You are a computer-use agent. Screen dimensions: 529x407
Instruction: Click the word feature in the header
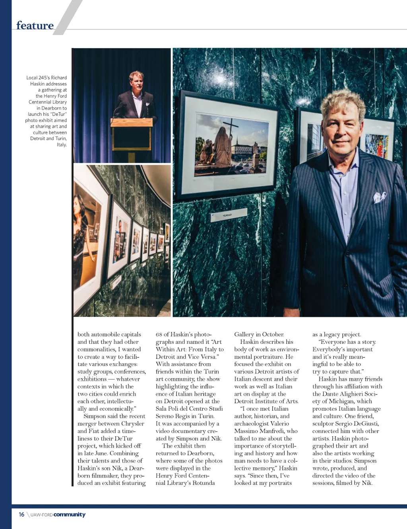point(35,25)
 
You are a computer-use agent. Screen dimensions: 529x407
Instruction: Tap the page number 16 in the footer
point(21,514)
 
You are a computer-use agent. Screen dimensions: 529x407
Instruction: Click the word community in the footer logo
point(69,514)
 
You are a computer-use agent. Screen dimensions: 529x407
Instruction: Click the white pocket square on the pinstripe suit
point(380,196)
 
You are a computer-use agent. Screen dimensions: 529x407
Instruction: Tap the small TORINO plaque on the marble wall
point(227,215)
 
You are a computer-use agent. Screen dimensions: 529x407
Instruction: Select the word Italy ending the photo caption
point(62,144)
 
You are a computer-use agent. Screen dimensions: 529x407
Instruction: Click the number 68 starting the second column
point(159,334)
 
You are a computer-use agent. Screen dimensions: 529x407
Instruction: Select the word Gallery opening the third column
point(244,334)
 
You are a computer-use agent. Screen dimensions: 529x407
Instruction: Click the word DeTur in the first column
point(123,438)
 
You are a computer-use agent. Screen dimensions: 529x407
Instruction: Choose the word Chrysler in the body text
point(133,424)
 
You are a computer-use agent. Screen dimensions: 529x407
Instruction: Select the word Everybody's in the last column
point(329,349)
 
